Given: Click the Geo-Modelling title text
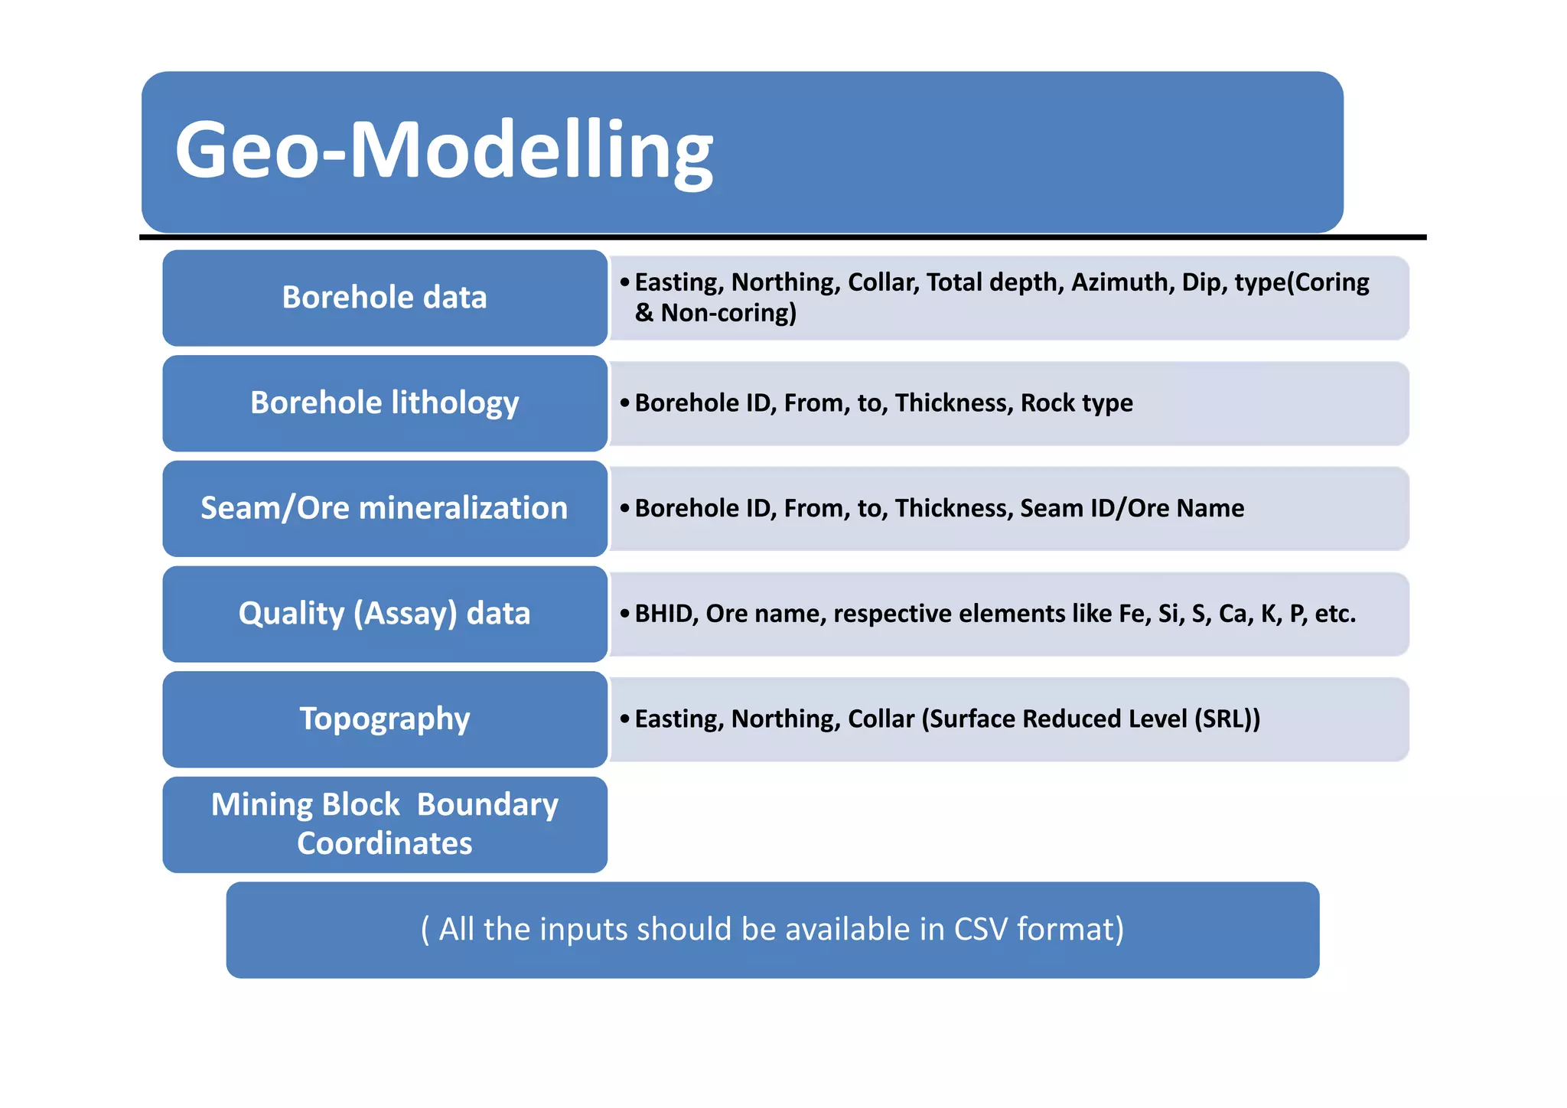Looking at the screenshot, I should coord(444,151).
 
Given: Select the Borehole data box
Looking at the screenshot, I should coord(385,298).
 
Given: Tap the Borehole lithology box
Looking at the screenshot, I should coord(385,403).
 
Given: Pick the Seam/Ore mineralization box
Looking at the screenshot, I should coord(385,508).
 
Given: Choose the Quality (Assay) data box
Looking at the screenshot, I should coord(385,614).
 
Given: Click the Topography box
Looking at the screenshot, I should coord(385,719).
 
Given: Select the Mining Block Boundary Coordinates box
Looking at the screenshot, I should coord(385,824).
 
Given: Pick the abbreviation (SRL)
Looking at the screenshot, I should coord(1222,719).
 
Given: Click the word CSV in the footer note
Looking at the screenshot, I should coord(981,930).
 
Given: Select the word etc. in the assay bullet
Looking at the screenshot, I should coord(1335,614).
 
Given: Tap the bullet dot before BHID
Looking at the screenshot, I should coord(625,614).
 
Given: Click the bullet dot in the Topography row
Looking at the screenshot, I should coord(625,719).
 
